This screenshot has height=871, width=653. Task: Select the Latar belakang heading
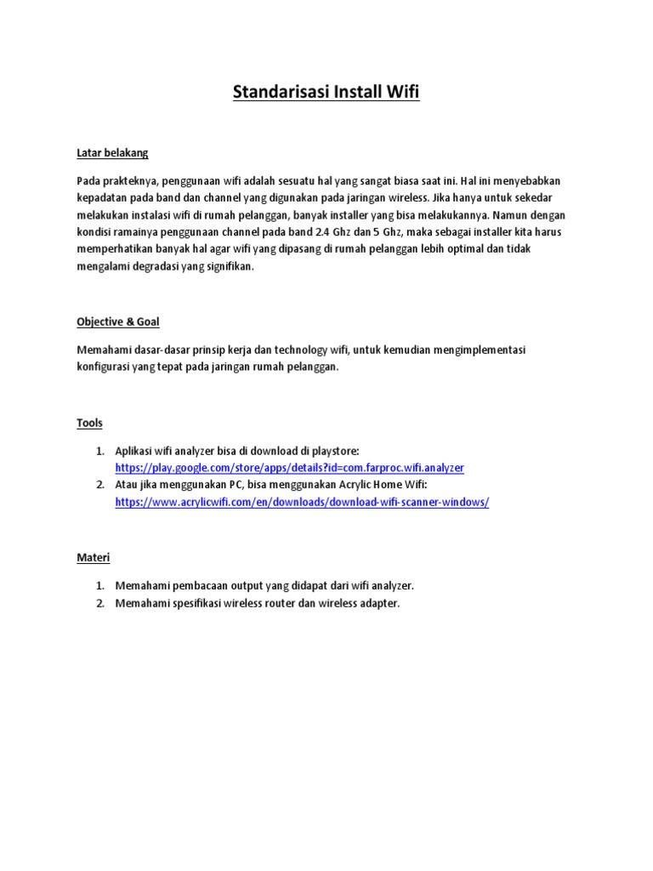[x=112, y=153]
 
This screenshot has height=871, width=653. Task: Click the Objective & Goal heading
[x=118, y=322]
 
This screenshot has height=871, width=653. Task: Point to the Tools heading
[x=89, y=422]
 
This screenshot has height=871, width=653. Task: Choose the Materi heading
[x=93, y=557]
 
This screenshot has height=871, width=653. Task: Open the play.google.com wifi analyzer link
[x=290, y=468]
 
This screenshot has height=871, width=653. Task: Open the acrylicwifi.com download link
[x=302, y=502]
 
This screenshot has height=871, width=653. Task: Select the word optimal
[x=480, y=249]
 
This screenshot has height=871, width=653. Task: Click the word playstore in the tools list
[x=331, y=450]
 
